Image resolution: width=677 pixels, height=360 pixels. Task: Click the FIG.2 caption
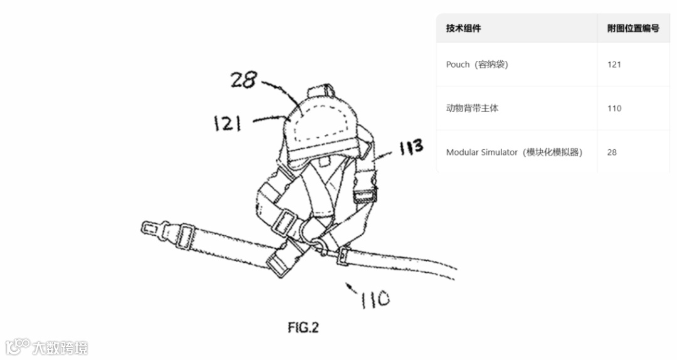pyautogui.click(x=303, y=327)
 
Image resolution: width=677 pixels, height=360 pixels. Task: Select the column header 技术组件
pyautogui.click(x=463, y=28)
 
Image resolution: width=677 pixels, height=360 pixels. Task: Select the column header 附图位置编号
pyautogui.click(x=633, y=28)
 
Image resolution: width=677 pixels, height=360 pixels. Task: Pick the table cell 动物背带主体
pyautogui.click(x=472, y=109)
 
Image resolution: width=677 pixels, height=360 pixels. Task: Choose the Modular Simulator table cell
pyautogui.click(x=514, y=152)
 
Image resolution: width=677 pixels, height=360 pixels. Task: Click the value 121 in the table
pyautogui.click(x=614, y=65)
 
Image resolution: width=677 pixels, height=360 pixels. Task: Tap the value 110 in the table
pyautogui.click(x=614, y=109)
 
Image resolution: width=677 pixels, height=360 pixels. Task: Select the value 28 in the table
pyautogui.click(x=612, y=152)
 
